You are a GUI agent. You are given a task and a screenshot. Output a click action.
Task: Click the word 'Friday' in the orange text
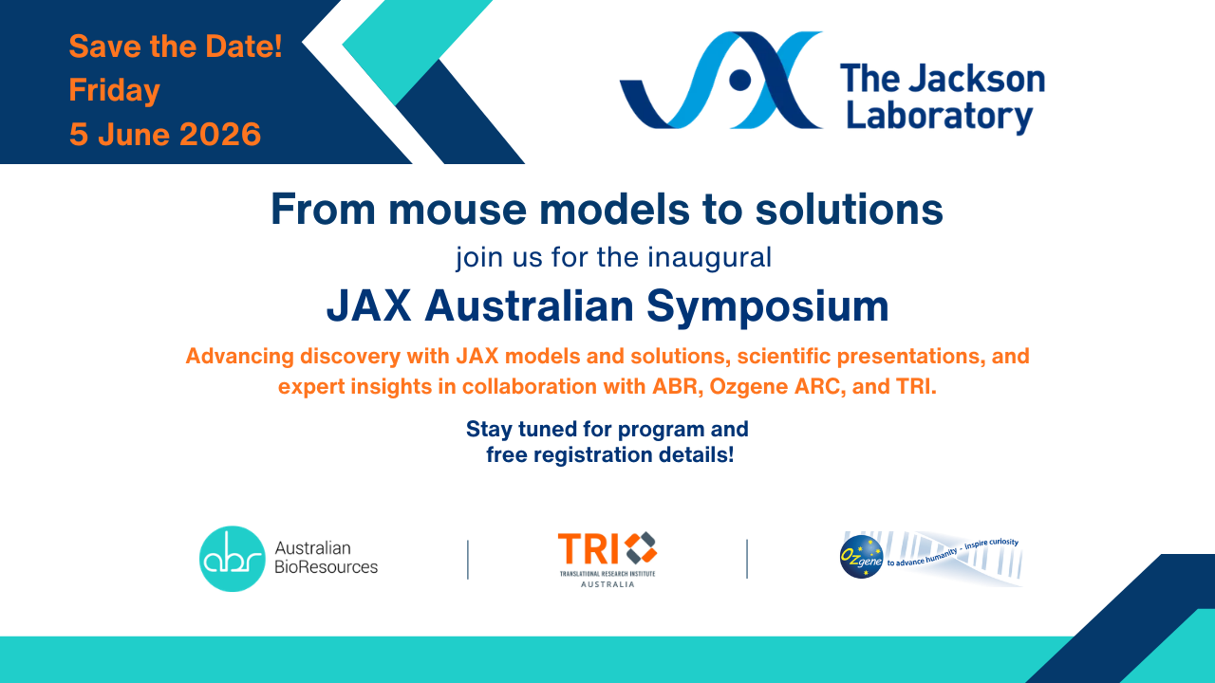[115, 90]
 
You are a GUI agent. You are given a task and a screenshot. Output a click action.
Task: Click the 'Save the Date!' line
[176, 46]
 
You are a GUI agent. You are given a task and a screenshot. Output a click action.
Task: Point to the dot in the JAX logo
[739, 81]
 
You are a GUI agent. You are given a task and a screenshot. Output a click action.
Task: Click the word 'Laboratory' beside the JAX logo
[940, 116]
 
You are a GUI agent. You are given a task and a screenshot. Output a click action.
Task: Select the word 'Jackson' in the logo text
[977, 79]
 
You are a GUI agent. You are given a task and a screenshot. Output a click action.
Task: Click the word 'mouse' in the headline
[458, 210]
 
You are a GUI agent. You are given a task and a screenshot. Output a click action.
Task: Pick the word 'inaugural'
[709, 257]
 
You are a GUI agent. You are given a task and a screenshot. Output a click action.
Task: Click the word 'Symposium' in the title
[768, 306]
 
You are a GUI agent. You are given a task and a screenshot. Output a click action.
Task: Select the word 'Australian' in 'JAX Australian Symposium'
[529, 306]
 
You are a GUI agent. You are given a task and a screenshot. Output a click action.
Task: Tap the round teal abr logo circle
[233, 559]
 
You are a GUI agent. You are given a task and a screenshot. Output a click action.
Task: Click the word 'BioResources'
[326, 567]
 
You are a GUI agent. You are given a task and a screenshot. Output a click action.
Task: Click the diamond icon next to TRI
[641, 548]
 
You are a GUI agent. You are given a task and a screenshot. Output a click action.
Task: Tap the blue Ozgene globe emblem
[861, 556]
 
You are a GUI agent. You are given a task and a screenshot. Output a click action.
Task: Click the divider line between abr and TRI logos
[468, 560]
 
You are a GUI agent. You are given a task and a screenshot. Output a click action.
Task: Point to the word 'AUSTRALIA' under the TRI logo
[607, 584]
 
